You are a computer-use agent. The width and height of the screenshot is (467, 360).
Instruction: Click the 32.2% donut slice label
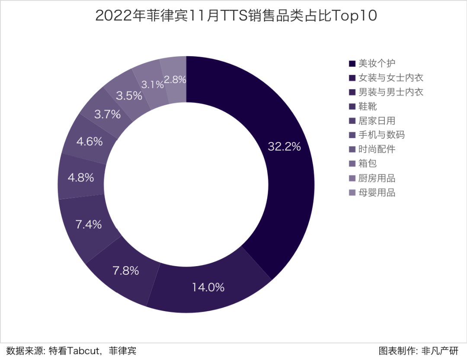click(284, 147)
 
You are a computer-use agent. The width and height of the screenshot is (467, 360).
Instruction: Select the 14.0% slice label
click(208, 287)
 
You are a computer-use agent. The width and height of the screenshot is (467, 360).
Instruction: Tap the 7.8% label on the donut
click(126, 271)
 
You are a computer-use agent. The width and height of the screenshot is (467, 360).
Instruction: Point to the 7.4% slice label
click(89, 225)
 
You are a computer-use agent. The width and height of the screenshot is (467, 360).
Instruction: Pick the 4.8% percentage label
click(81, 178)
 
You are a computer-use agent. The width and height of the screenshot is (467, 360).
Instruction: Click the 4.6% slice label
click(90, 141)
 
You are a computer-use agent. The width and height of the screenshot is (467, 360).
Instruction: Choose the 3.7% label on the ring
click(107, 115)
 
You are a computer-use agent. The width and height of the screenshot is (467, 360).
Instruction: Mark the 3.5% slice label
click(129, 96)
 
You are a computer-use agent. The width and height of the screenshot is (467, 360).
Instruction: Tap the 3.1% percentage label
click(153, 85)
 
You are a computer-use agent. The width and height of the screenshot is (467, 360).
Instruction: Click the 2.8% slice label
click(175, 80)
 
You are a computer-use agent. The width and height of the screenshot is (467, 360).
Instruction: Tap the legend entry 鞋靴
click(368, 106)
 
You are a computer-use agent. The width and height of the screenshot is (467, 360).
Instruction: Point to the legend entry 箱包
click(368, 164)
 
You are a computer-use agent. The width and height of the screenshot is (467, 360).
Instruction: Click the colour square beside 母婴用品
click(352, 193)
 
